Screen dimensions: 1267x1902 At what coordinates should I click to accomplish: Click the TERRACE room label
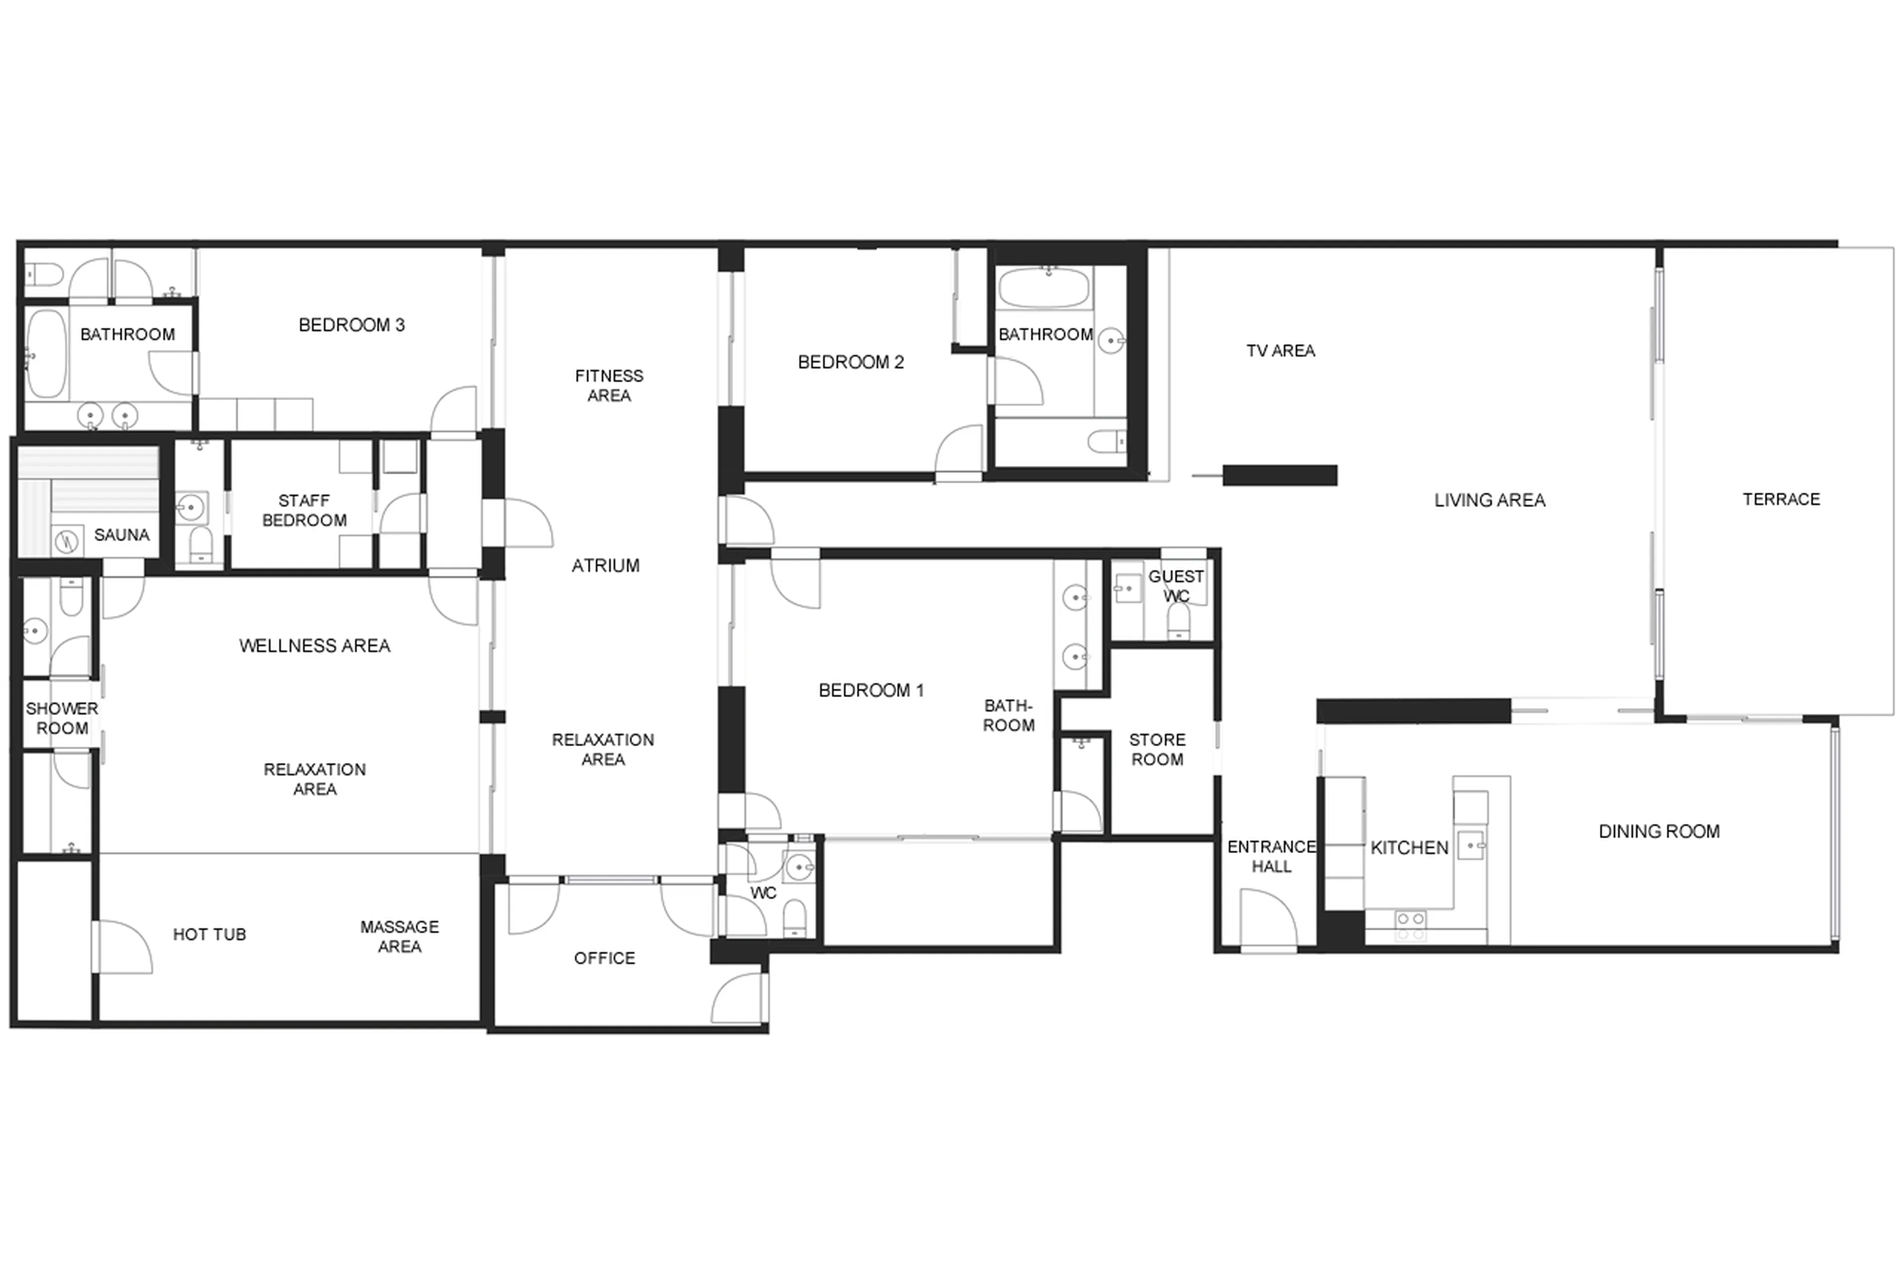[1780, 500]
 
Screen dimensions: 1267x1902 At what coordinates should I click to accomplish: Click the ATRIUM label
[605, 565]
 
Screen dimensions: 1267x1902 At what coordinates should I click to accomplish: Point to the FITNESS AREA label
[609, 385]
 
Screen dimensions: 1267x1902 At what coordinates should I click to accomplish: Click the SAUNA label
[121, 535]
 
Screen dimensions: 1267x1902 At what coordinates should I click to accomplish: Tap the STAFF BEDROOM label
[304, 510]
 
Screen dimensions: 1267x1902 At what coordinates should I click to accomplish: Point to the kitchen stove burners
[1411, 925]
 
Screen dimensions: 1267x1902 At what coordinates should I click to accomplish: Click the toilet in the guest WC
[1178, 620]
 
